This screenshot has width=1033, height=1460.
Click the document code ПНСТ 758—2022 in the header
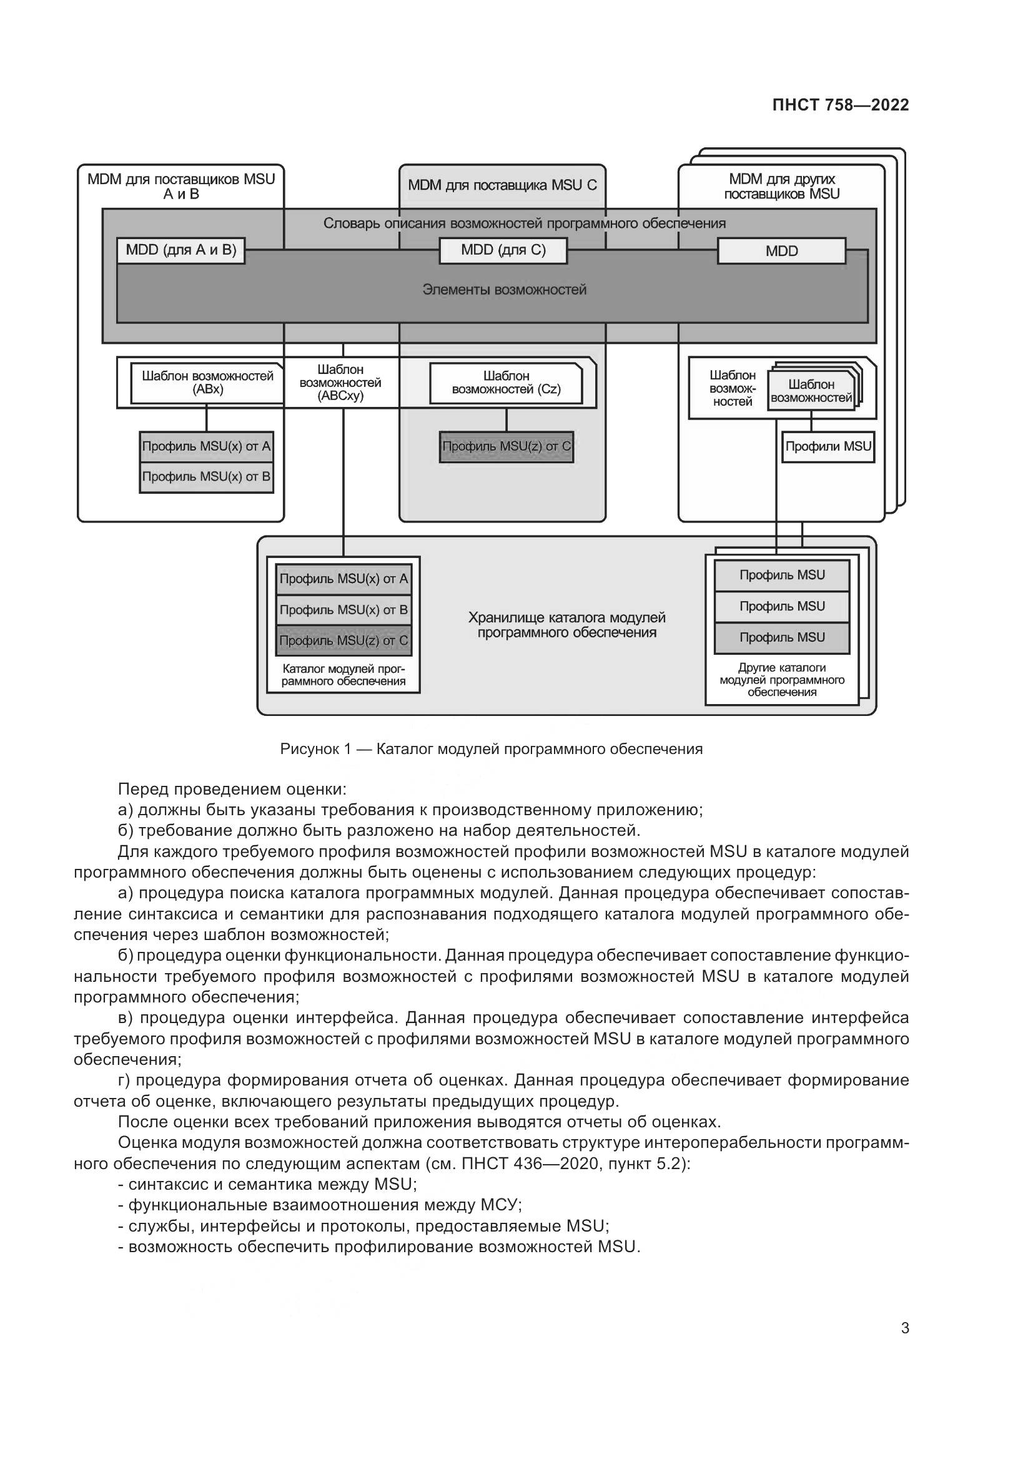(x=840, y=105)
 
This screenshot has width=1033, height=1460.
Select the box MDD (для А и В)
(x=180, y=250)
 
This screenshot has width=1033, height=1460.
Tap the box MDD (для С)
(x=503, y=250)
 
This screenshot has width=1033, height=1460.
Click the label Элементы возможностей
(x=504, y=290)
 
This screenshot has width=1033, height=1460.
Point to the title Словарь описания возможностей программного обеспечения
(x=524, y=223)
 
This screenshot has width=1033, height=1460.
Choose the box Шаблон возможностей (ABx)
(x=207, y=383)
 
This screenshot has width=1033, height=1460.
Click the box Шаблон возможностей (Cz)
(x=506, y=383)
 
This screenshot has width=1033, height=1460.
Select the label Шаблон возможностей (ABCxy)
(x=340, y=383)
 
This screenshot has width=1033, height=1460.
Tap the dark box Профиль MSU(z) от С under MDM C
(x=507, y=446)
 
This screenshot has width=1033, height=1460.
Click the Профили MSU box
(x=828, y=446)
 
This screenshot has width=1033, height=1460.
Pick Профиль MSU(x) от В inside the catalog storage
(x=344, y=610)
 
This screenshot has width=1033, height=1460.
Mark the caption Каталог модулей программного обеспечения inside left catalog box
(x=344, y=675)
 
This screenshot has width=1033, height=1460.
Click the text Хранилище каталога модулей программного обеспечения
(x=566, y=625)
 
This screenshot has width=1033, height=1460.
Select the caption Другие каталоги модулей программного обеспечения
(x=782, y=680)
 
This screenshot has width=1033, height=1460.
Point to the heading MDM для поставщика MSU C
(x=502, y=185)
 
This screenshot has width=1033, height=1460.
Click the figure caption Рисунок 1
(x=491, y=749)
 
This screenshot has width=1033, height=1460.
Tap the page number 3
(x=904, y=1328)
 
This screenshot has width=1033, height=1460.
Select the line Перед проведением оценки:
(x=232, y=790)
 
